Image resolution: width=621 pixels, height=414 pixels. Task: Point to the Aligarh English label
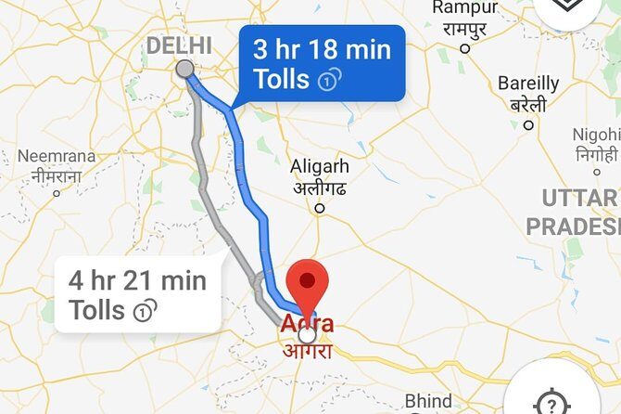coord(320,166)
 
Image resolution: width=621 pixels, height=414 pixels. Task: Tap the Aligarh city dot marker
coord(320,209)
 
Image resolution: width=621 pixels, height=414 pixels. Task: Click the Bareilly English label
coord(529,83)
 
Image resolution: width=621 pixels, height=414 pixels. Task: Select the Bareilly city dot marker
coord(529,124)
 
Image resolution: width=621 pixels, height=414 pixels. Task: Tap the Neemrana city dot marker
coord(57,193)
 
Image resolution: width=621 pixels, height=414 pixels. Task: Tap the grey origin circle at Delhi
coord(184,69)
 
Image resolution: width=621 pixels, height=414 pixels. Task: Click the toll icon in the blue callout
coord(326,81)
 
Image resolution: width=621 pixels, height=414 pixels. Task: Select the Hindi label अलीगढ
coord(320,187)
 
